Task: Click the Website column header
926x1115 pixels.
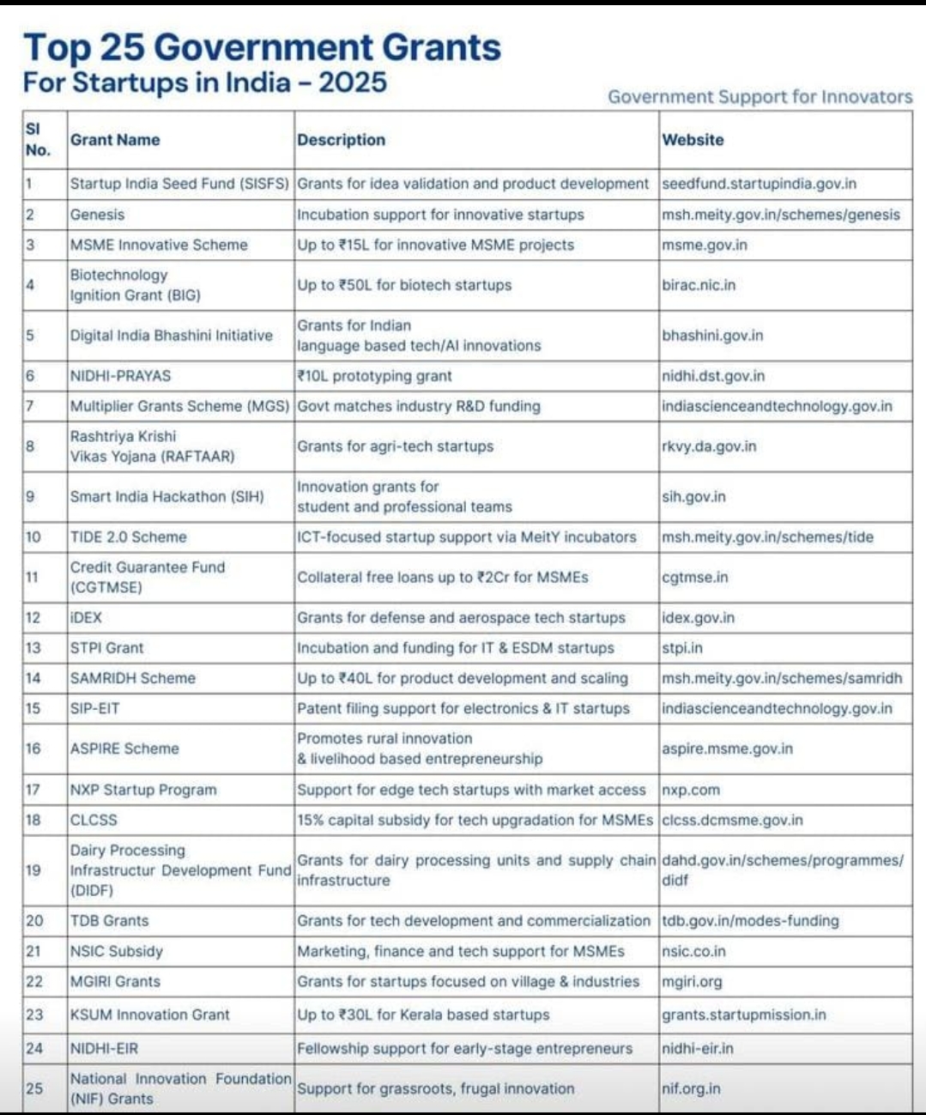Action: point(693,140)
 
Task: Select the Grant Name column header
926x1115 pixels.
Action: point(115,140)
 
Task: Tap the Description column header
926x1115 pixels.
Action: point(341,140)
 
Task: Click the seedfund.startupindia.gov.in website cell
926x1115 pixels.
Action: point(759,184)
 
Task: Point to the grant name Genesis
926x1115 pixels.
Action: point(97,215)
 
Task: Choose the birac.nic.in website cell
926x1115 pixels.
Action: point(699,285)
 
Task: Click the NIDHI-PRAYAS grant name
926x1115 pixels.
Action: point(120,376)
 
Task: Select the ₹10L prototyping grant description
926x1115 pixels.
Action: point(374,376)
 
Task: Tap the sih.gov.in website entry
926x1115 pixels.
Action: point(693,497)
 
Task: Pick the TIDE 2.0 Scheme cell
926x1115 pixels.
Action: point(128,537)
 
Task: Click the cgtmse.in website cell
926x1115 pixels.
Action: point(694,578)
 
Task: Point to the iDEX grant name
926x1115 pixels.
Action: point(86,618)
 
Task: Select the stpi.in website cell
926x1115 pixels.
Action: point(682,648)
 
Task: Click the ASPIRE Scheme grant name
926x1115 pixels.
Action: point(124,748)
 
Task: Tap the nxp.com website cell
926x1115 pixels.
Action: point(691,790)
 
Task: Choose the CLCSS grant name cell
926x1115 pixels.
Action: point(94,820)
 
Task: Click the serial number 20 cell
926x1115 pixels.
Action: point(34,921)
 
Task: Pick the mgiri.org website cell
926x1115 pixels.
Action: point(692,981)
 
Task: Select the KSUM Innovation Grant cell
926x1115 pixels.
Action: point(149,1015)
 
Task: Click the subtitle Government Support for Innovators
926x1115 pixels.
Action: point(760,97)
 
